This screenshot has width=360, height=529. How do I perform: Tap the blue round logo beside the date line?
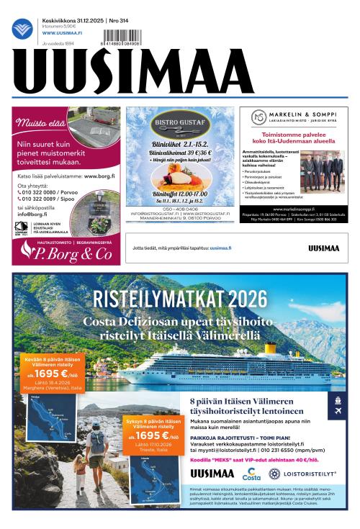point(21,29)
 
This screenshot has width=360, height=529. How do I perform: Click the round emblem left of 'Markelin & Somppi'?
point(258,117)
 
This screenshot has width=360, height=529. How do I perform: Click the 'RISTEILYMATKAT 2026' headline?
point(180,300)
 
